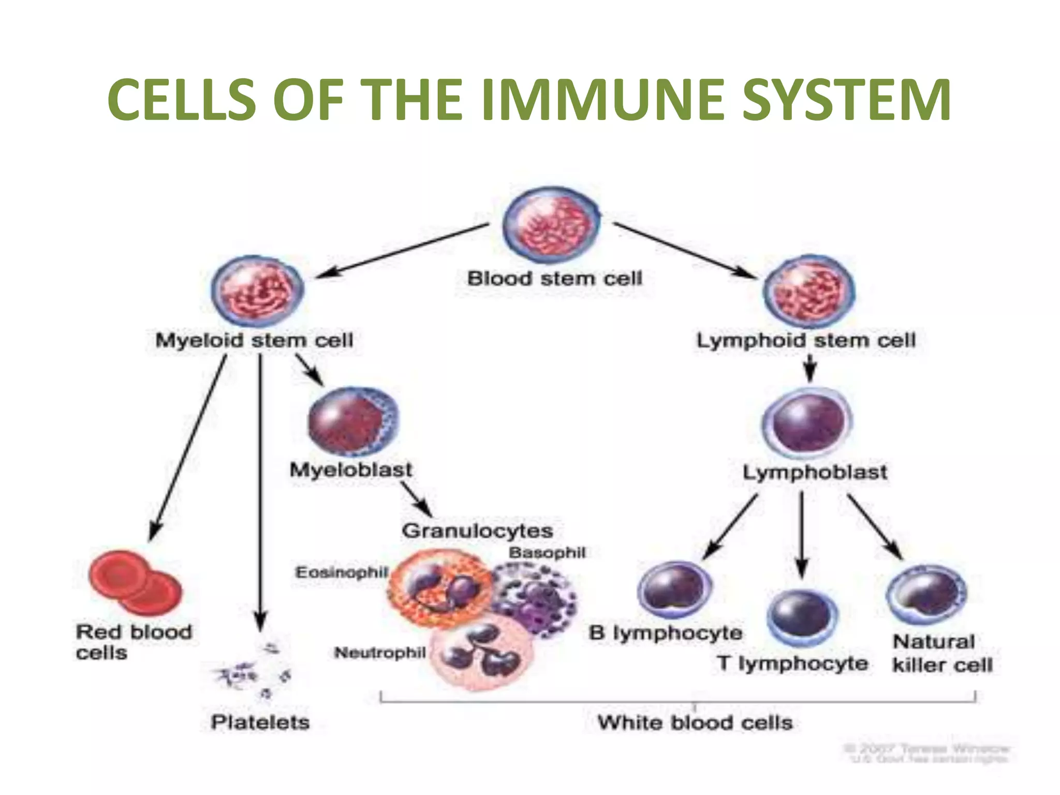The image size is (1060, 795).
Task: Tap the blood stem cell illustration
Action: (x=551, y=226)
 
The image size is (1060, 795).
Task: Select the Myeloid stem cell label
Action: (x=254, y=341)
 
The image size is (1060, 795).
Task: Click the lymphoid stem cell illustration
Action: (x=809, y=292)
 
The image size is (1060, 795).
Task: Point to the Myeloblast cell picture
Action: (x=353, y=421)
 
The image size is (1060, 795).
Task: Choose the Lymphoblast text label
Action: (x=815, y=472)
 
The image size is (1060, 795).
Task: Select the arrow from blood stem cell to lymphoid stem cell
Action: (x=683, y=251)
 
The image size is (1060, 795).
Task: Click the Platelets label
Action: (x=260, y=722)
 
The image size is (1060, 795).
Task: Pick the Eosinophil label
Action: (x=341, y=572)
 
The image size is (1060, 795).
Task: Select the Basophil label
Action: (x=547, y=553)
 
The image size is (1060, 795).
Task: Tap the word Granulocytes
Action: (x=477, y=531)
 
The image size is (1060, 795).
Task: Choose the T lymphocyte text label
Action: (x=792, y=664)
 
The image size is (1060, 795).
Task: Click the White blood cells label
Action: (x=695, y=723)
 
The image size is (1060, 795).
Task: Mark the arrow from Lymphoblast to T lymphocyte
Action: (x=802, y=533)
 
